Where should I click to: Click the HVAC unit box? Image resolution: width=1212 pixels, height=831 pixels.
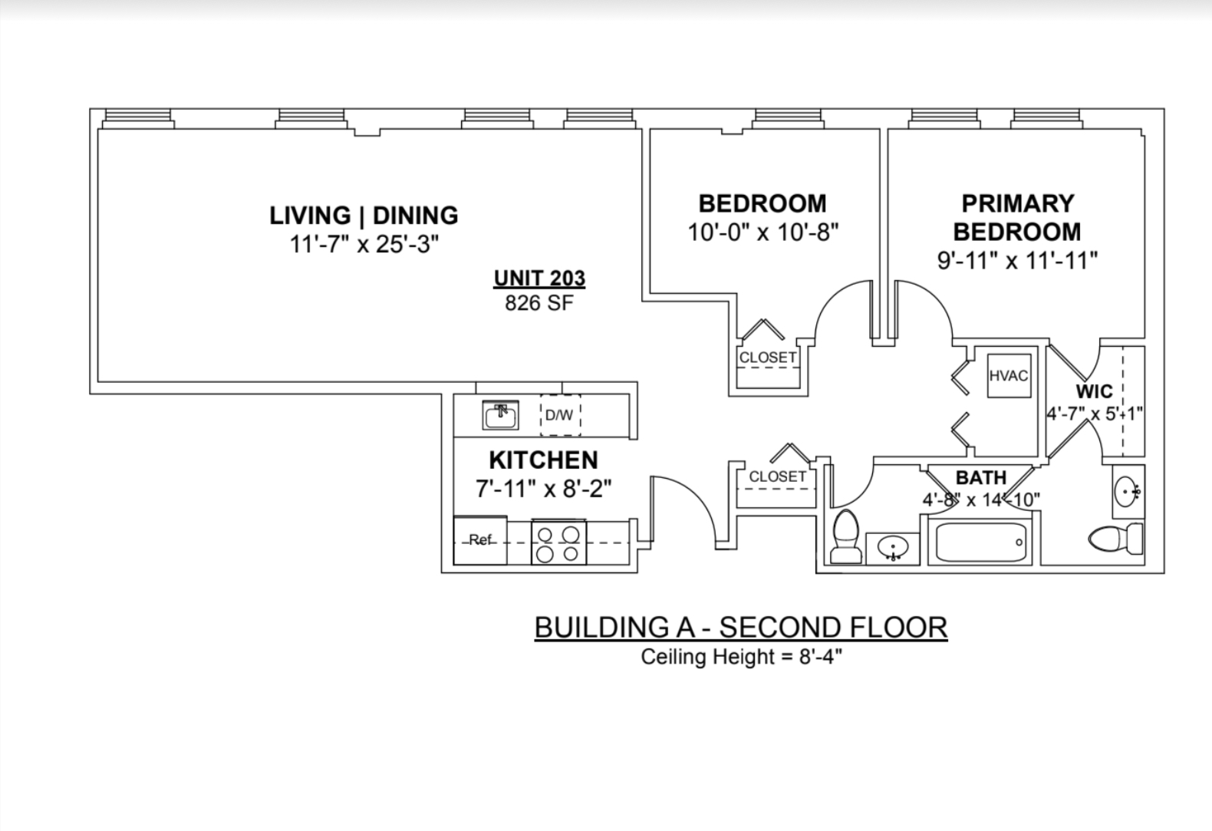pyautogui.click(x=1009, y=376)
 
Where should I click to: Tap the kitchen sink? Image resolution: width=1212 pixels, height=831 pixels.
pyautogui.click(x=500, y=415)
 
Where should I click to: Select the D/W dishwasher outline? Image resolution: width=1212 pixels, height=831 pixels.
pyautogui.click(x=561, y=415)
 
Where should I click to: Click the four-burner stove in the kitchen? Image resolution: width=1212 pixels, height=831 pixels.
pyautogui.click(x=559, y=542)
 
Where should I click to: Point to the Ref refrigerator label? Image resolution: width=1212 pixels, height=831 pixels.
pyautogui.click(x=480, y=539)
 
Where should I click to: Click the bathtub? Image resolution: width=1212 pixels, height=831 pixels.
pyautogui.click(x=980, y=542)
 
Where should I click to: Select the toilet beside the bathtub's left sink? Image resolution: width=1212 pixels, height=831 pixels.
pyautogui.click(x=847, y=536)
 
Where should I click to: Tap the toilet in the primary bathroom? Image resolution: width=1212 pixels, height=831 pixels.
pyautogui.click(x=1115, y=539)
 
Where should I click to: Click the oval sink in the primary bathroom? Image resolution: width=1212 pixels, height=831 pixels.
pyautogui.click(x=1128, y=492)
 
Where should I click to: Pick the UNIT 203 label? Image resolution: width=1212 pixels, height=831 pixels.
pyautogui.click(x=539, y=279)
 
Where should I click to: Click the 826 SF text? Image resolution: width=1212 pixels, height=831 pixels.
pyautogui.click(x=539, y=303)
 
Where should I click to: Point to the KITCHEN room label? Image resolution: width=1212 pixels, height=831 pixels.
pyautogui.click(x=544, y=460)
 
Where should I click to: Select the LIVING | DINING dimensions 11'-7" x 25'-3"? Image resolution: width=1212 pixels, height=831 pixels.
pyautogui.click(x=364, y=244)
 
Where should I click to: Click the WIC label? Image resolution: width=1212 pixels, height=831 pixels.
pyautogui.click(x=1094, y=391)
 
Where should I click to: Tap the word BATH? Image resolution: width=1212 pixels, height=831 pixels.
pyautogui.click(x=981, y=477)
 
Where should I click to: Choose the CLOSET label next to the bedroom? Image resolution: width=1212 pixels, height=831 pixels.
pyautogui.click(x=768, y=358)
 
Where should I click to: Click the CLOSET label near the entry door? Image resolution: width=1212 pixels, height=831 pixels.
pyautogui.click(x=778, y=477)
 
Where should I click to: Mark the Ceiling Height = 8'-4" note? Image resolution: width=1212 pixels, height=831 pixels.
pyautogui.click(x=741, y=657)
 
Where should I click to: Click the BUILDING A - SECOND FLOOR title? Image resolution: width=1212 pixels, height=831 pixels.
pyautogui.click(x=741, y=627)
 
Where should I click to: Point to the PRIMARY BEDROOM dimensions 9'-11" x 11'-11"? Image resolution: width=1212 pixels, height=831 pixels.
pyautogui.click(x=1017, y=261)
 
